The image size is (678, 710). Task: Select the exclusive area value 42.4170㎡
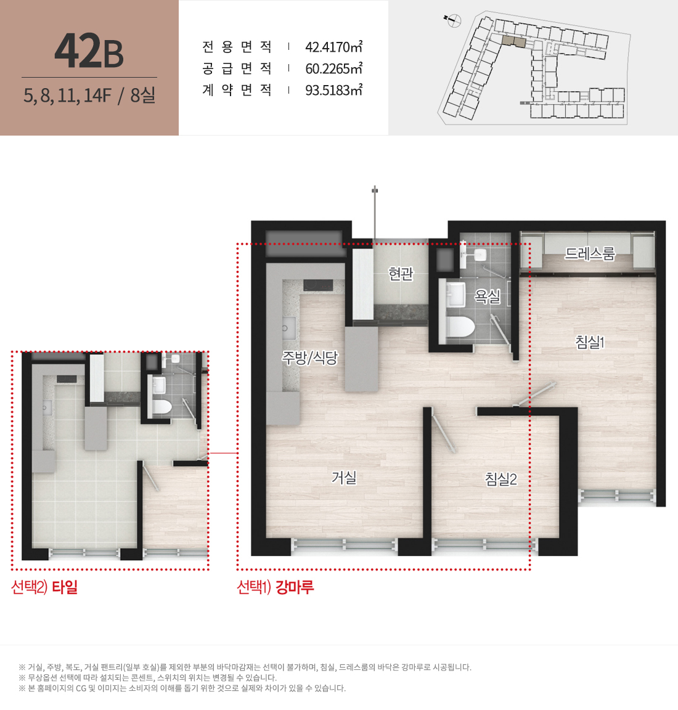coord(334,47)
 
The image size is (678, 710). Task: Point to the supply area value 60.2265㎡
coord(334,68)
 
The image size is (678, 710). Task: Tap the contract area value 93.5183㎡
coord(334,90)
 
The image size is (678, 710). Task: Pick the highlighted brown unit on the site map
coord(514,41)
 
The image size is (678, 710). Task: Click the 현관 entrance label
coord(401,274)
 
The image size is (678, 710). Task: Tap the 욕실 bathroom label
coord(488,296)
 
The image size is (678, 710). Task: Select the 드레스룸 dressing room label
coord(590,253)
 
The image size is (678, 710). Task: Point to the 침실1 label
coord(590,342)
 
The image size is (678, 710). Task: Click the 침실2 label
coord(501,479)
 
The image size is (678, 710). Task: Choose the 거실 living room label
coord(344,477)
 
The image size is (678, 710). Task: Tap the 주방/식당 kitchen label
coord(310,357)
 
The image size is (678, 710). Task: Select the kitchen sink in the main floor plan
coord(289,327)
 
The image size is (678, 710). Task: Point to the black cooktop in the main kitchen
coord(318,285)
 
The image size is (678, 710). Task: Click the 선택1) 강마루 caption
coord(276,587)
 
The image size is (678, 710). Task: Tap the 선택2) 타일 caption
coord(44,587)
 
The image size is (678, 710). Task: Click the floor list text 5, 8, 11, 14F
coord(67,95)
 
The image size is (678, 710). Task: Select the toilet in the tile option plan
coord(161,406)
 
